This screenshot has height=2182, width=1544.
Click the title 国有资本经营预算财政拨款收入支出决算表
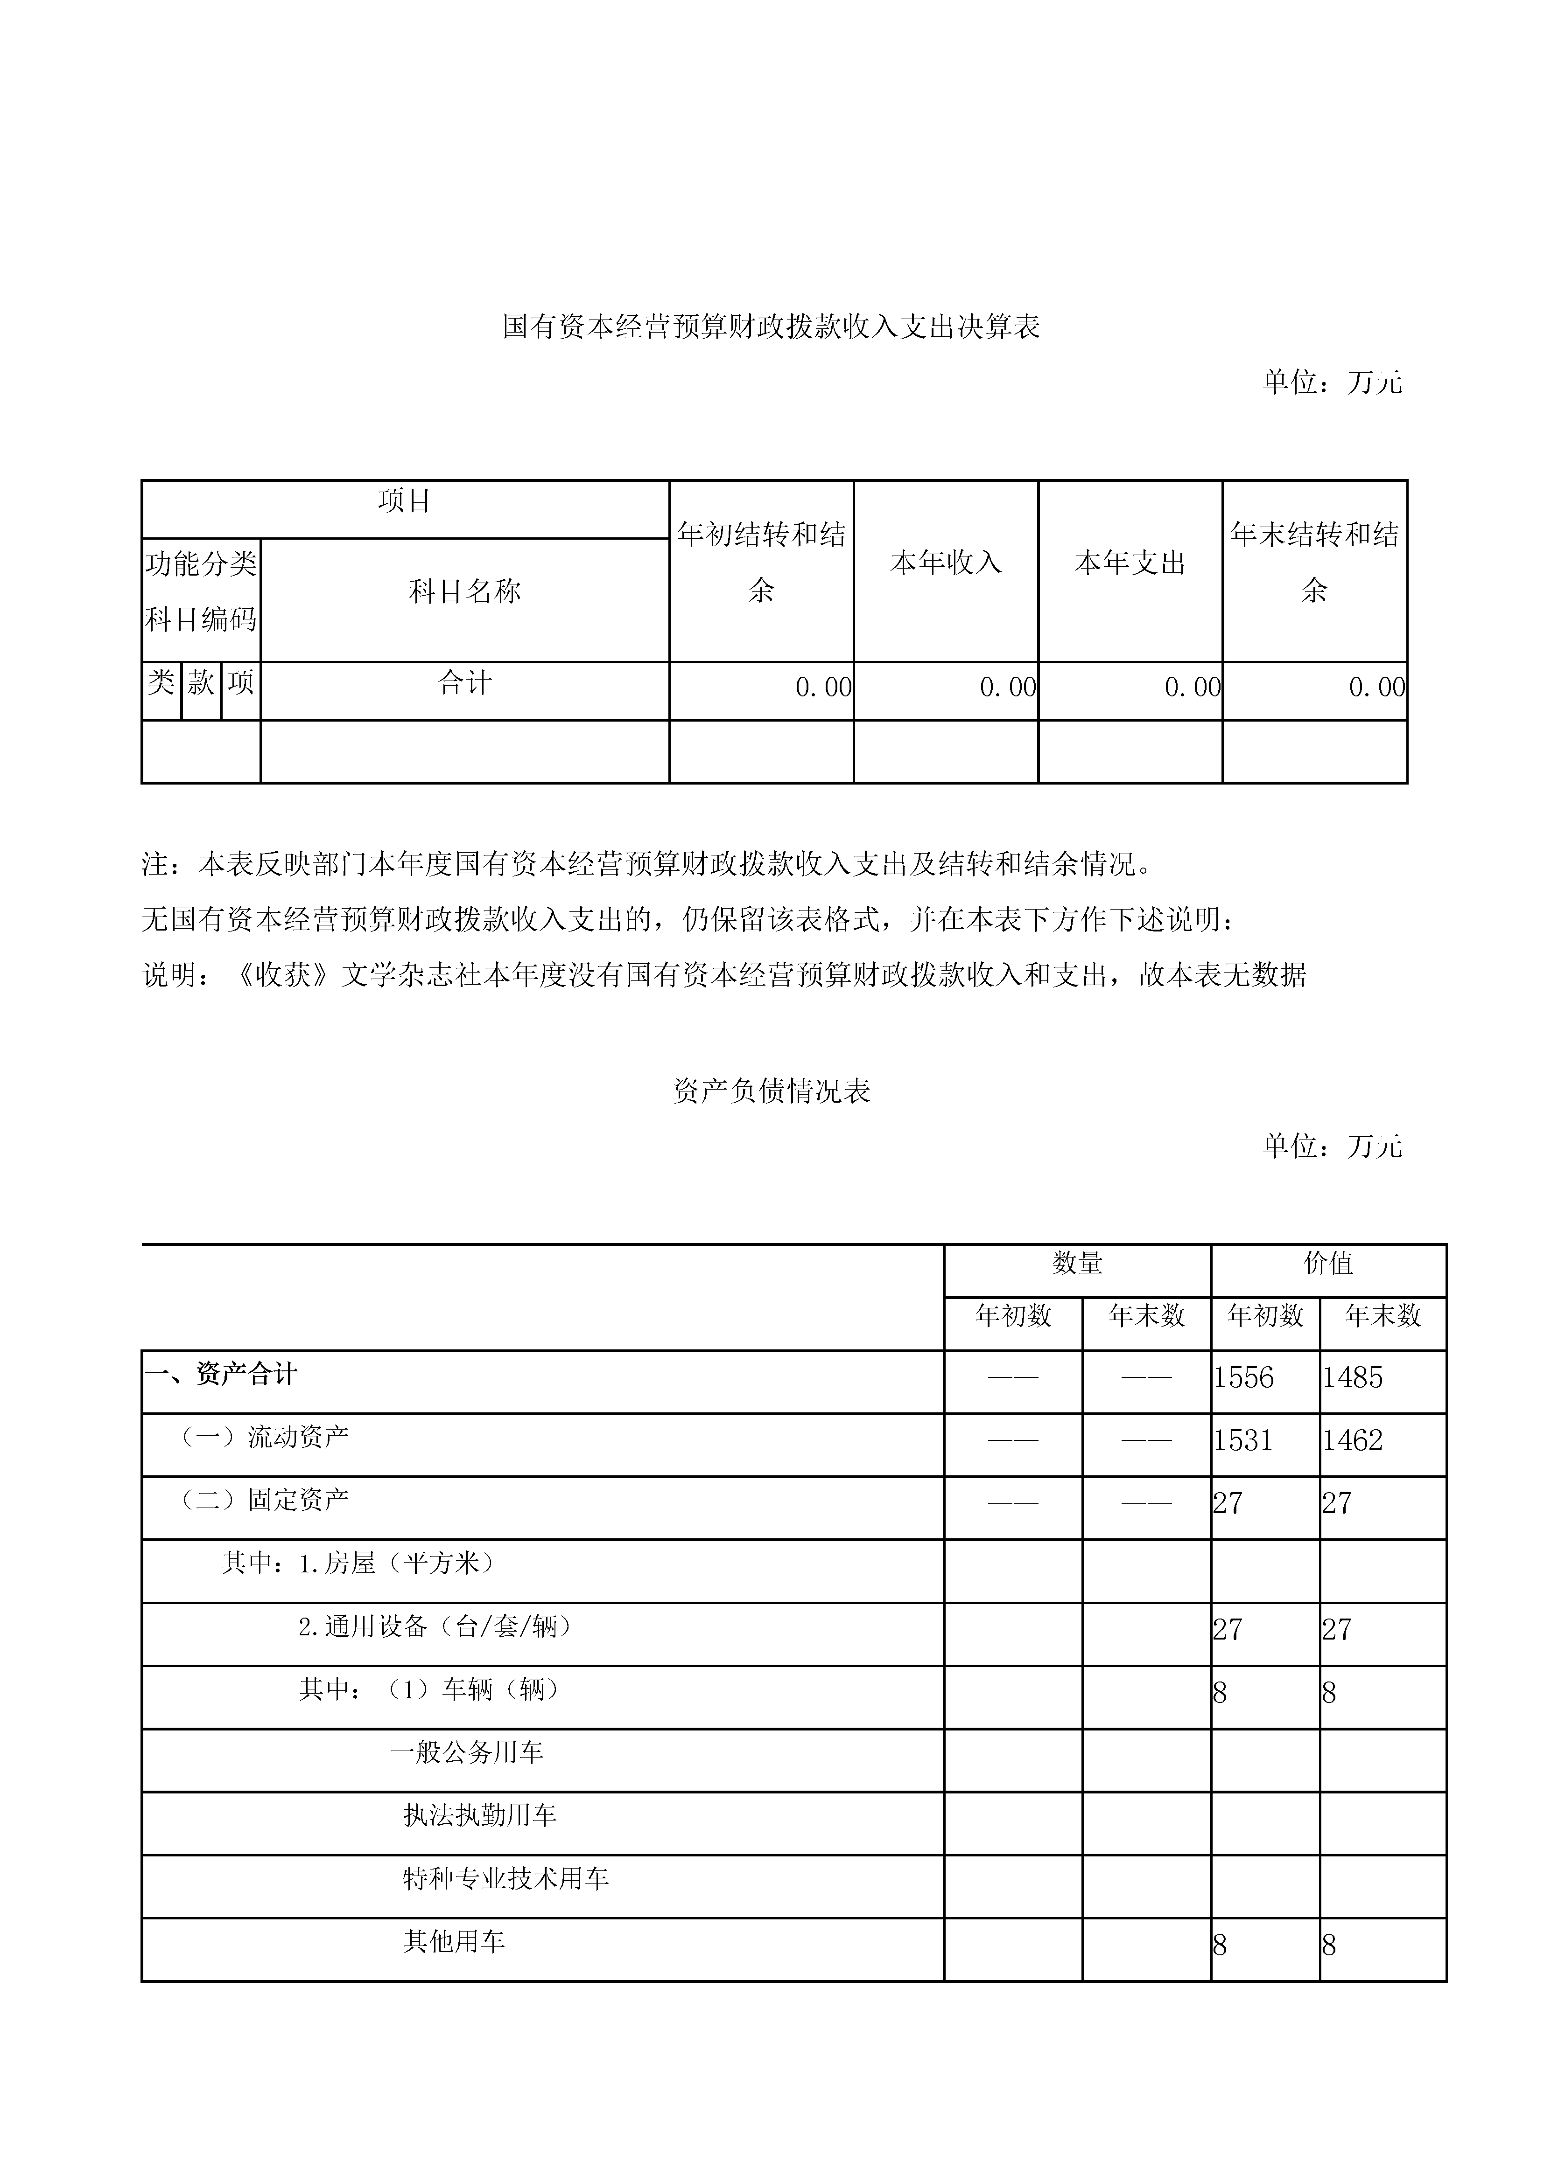coord(771,327)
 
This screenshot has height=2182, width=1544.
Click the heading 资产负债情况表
coord(771,1091)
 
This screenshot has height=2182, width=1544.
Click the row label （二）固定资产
coord(264,1500)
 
